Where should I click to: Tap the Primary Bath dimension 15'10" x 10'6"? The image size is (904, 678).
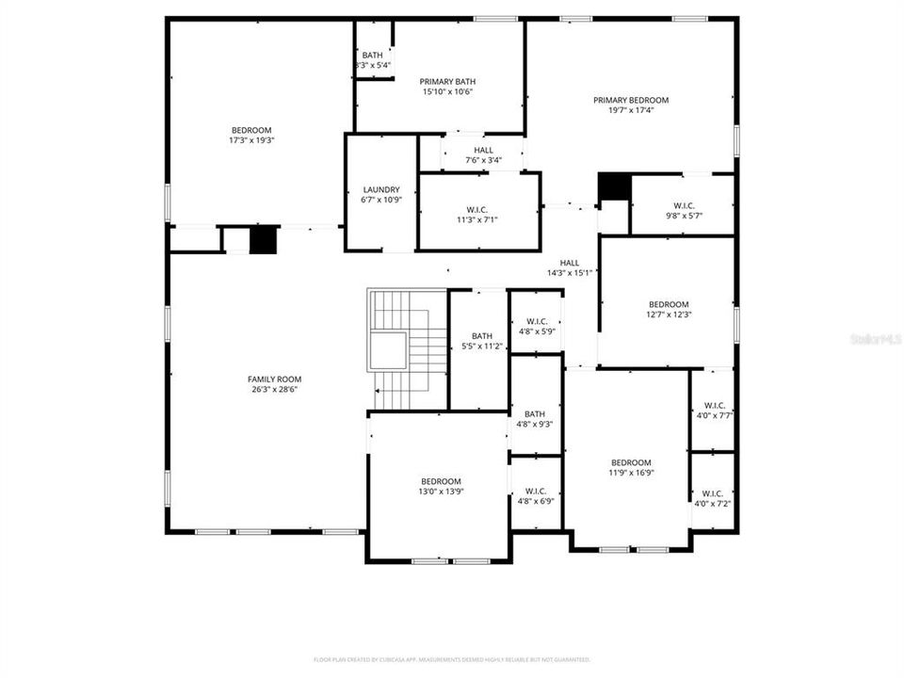[x=446, y=91]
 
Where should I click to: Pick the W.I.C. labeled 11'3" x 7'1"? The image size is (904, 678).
[x=477, y=214]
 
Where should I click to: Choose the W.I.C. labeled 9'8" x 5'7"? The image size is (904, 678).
[x=683, y=210]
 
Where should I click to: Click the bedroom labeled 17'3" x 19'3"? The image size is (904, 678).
[x=251, y=135]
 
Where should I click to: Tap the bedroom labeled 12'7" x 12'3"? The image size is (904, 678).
[x=668, y=309]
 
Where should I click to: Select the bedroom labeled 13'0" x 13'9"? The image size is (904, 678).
[x=441, y=486]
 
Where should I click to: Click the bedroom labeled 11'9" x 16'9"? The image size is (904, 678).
[x=631, y=467]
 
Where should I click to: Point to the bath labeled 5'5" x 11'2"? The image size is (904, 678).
[x=482, y=341]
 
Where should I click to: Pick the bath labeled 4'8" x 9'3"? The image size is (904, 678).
[x=535, y=418]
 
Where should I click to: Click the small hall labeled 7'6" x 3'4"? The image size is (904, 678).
[x=483, y=154]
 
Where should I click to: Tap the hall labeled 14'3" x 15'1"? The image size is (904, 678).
[x=570, y=268]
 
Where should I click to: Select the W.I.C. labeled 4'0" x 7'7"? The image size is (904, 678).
[x=713, y=410]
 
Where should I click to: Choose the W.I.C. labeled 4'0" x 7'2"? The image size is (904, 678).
[x=712, y=498]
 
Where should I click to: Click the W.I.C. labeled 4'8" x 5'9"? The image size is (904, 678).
[x=536, y=326]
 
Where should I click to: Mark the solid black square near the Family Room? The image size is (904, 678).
[x=264, y=240]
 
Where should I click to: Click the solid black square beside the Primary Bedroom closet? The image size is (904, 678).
[x=614, y=186]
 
